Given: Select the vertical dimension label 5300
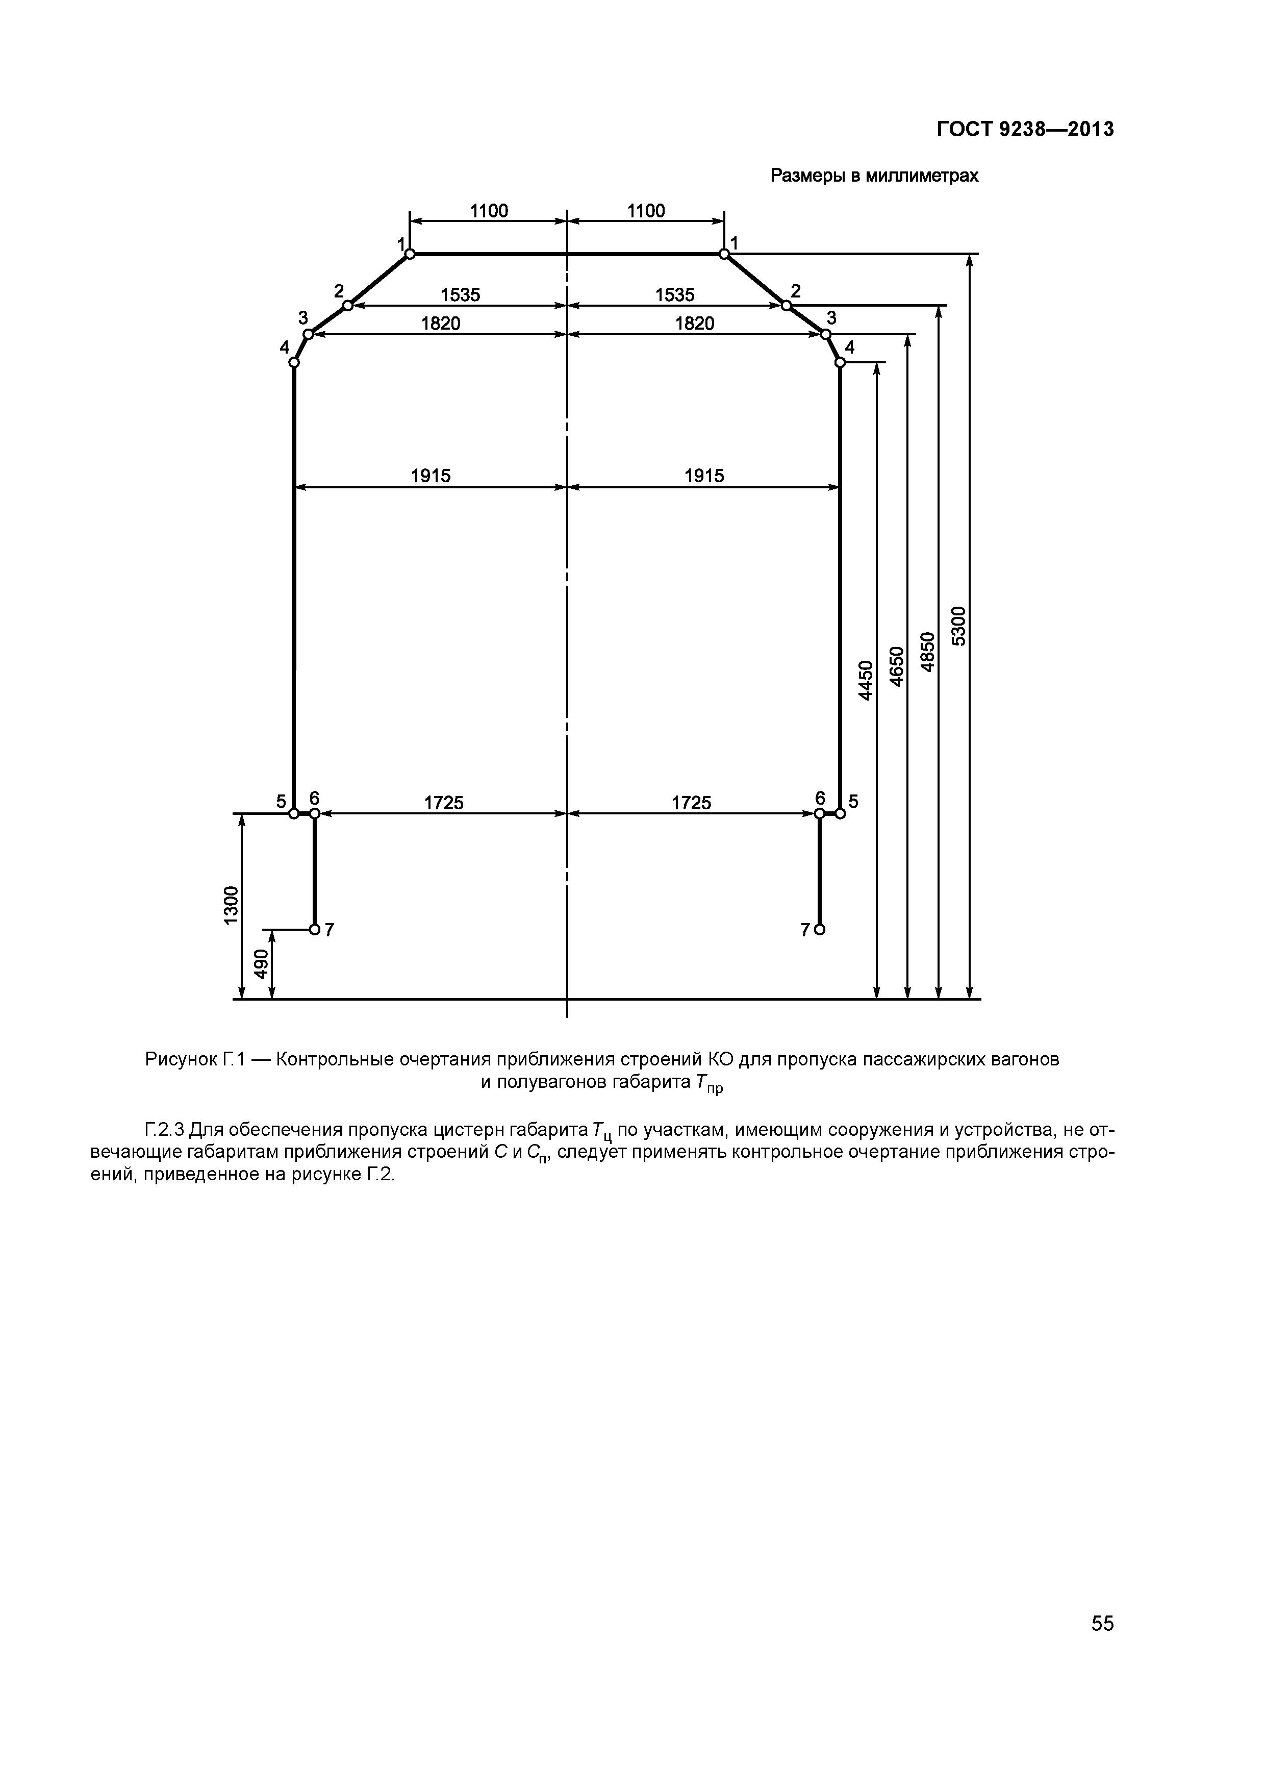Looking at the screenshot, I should click(x=958, y=626).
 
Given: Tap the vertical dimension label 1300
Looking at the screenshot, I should click(x=231, y=905).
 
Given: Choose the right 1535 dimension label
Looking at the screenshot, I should click(x=674, y=295).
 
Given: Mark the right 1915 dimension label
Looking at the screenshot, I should click(x=704, y=476).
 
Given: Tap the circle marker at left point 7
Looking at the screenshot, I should click(x=314, y=929).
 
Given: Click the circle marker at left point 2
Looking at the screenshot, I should click(x=348, y=305).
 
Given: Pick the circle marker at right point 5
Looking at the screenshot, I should click(x=840, y=813).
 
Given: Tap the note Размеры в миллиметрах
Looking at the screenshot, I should click(x=874, y=176).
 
